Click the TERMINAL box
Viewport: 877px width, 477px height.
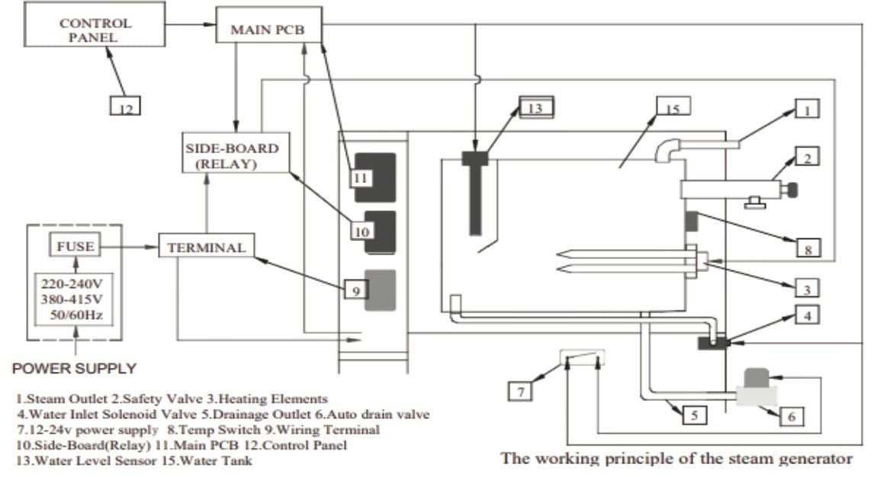[x=207, y=247]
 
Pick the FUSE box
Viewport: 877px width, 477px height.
[x=75, y=248]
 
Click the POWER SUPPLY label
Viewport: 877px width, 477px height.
[x=74, y=369]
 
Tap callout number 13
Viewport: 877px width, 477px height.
[x=536, y=107]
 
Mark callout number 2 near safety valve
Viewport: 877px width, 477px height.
[x=808, y=158]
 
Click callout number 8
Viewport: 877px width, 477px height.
[x=808, y=248]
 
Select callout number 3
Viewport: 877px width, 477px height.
[x=806, y=287]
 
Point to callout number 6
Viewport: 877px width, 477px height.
[x=791, y=416]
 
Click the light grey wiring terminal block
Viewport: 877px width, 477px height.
[x=381, y=290]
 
